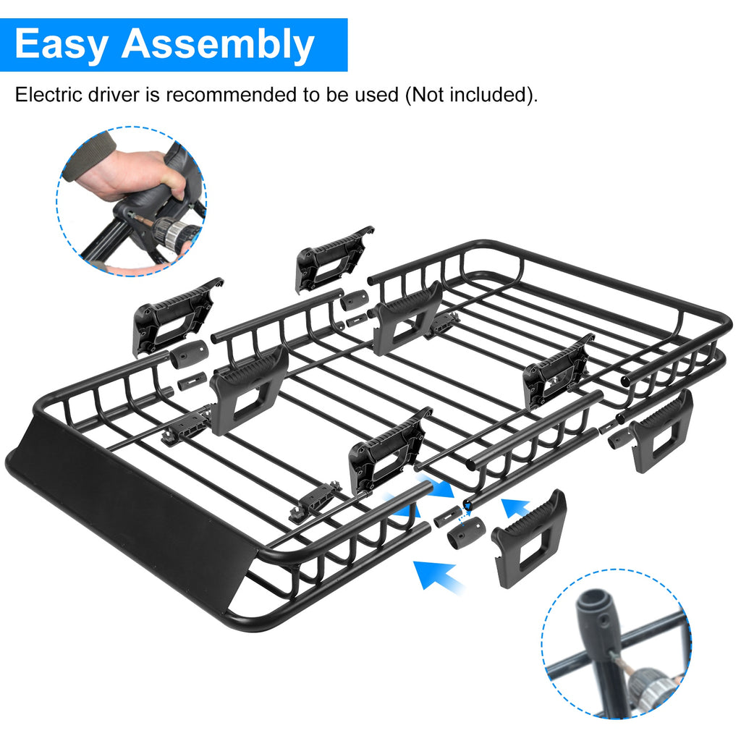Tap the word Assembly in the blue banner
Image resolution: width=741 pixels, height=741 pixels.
pyautogui.click(x=218, y=45)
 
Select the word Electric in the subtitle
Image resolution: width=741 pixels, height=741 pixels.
pyautogui.click(x=43, y=94)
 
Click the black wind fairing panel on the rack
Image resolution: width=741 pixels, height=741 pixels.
pyautogui.click(x=130, y=507)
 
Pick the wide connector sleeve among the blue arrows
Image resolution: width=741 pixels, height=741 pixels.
pyautogui.click(x=466, y=533)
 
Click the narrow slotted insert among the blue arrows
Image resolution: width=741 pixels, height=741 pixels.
pyautogui.click(x=448, y=515)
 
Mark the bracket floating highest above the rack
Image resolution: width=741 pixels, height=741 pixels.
pyautogui.click(x=334, y=257)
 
